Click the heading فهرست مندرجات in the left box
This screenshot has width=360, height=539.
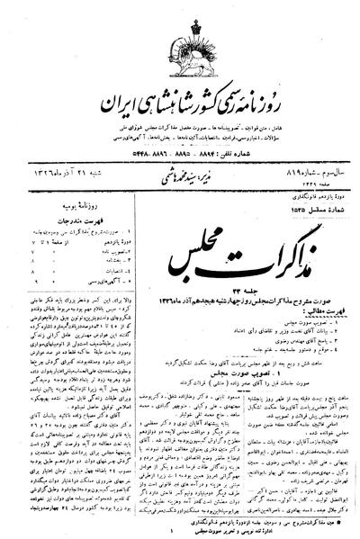tap(61, 203)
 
